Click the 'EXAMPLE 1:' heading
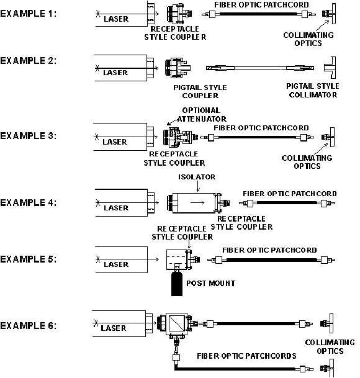click(28, 14)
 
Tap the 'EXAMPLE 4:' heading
click(28, 203)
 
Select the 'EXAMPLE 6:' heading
click(28, 326)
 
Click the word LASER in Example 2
click(115, 73)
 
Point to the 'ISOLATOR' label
click(197, 177)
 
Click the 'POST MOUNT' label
click(211, 283)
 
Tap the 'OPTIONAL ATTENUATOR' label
click(202, 114)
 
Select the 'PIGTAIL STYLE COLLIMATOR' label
click(313, 91)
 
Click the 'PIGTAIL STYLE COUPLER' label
click(200, 91)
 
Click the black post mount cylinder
click(177, 284)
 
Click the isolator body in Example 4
click(194, 203)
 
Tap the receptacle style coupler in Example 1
click(179, 14)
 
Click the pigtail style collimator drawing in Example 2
click(330, 68)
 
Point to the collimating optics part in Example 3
click(328, 137)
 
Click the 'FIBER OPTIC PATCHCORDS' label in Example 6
click(246, 356)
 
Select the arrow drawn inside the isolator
click(197, 203)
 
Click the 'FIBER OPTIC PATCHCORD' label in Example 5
click(269, 250)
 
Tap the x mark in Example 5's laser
click(97, 259)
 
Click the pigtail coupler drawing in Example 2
click(178, 68)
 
